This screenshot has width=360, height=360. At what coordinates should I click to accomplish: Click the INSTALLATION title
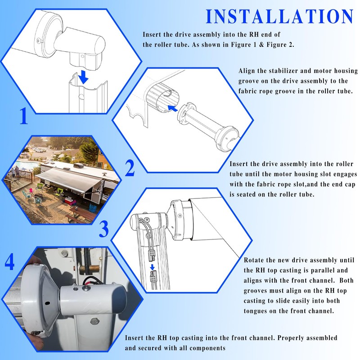tap(279, 17)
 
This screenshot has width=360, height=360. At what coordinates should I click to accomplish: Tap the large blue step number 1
tap(23, 117)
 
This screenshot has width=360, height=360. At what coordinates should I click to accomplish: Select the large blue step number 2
tap(130, 168)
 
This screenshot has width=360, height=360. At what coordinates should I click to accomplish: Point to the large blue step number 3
tap(104, 229)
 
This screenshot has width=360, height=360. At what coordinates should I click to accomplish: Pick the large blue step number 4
tap(9, 262)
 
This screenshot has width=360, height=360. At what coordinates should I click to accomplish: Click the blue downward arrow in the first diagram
tap(83, 77)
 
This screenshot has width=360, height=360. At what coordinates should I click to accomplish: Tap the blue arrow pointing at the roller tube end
tap(173, 108)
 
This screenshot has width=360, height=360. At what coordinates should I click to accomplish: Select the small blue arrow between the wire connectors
tap(152, 267)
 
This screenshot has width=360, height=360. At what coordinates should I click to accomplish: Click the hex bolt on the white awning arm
tap(94, 321)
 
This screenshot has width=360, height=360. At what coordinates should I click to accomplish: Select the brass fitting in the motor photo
tap(91, 268)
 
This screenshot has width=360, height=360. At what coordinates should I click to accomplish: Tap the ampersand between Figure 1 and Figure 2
tap(261, 45)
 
